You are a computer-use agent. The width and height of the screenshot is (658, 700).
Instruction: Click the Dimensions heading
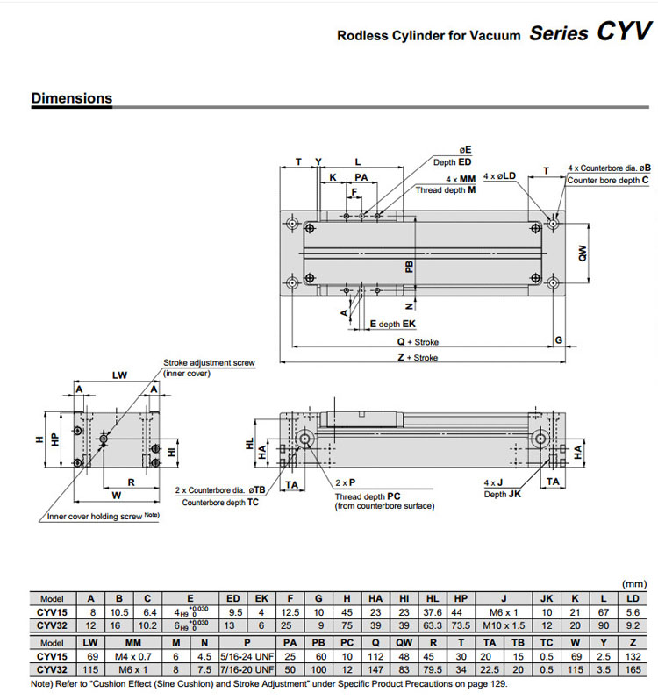(x=72, y=98)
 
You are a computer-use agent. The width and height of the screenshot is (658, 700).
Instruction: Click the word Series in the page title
(x=559, y=33)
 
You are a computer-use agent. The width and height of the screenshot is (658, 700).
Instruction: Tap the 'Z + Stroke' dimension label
(x=417, y=358)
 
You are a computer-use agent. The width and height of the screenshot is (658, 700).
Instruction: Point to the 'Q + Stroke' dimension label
(x=417, y=342)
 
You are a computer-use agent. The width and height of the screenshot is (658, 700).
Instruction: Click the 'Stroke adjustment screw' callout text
(x=209, y=363)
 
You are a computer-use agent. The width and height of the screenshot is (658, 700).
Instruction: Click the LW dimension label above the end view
(x=120, y=375)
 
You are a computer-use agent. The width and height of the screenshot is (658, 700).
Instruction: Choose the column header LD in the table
(x=633, y=598)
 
